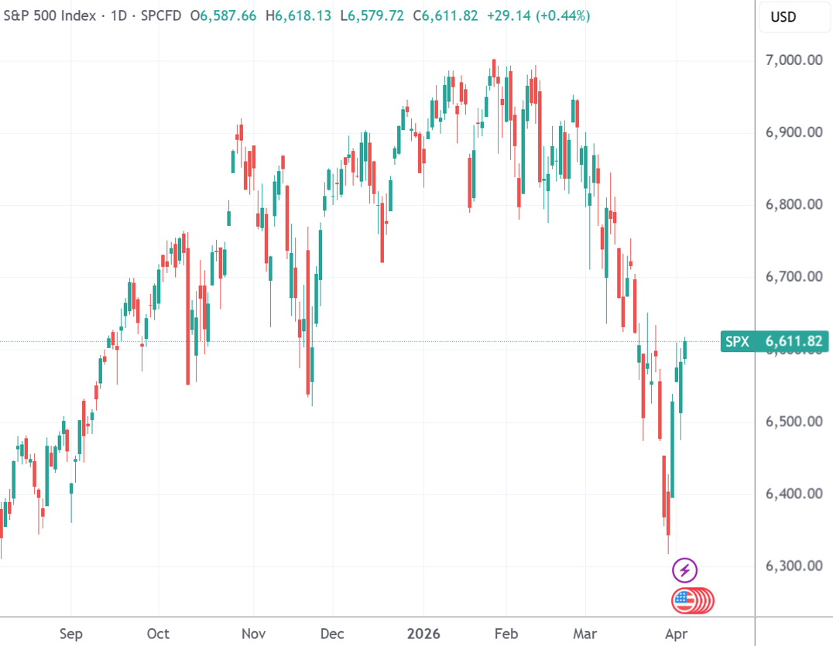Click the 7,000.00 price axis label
click(x=793, y=60)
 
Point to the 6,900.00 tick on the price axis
click(x=793, y=132)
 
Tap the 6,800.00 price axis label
click(x=793, y=204)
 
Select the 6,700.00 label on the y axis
click(x=793, y=276)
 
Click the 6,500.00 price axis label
click(x=793, y=421)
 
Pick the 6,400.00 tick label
click(x=793, y=493)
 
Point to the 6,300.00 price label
click(x=793, y=566)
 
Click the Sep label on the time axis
click(x=70, y=634)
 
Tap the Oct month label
click(x=158, y=634)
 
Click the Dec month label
click(x=332, y=634)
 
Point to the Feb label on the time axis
click(x=506, y=634)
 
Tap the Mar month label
click(x=586, y=634)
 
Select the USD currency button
click(x=783, y=17)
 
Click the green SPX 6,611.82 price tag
click(x=775, y=341)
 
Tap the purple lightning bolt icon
click(x=684, y=571)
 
